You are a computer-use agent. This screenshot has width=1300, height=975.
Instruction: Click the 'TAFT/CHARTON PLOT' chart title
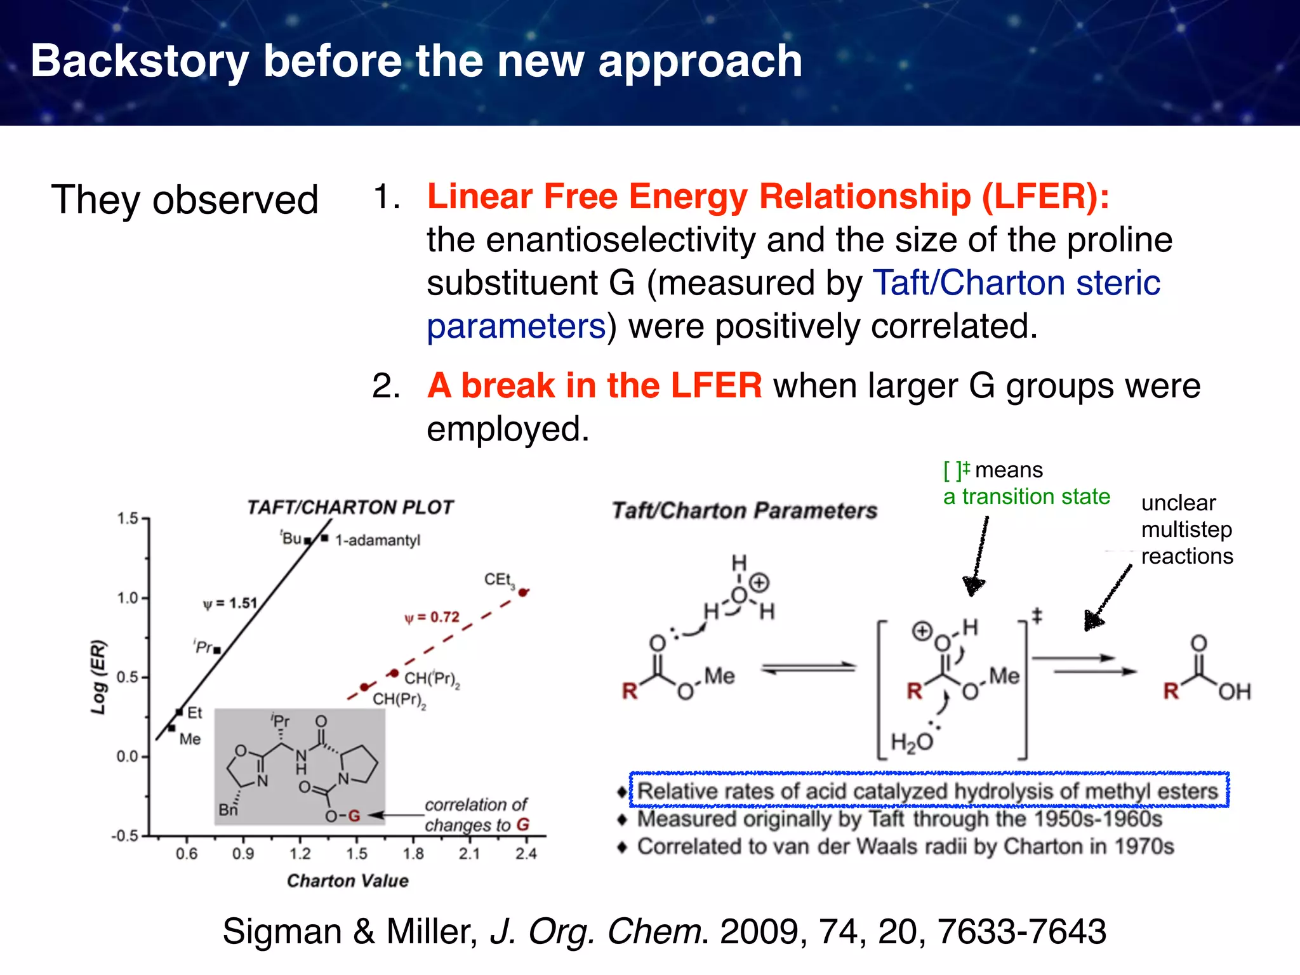tap(350, 507)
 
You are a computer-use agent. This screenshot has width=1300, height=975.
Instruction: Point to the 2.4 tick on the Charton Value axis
tap(526, 854)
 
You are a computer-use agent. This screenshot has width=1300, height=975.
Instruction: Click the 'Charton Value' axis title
tap(347, 880)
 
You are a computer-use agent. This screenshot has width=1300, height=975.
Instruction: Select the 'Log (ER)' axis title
tap(98, 677)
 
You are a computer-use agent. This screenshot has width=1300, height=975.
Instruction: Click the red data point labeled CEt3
tap(523, 592)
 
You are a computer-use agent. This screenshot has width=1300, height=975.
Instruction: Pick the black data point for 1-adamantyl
tap(324, 538)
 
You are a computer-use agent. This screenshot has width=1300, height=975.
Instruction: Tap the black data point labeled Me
tap(171, 728)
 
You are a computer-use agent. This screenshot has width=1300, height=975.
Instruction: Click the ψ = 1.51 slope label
tap(230, 603)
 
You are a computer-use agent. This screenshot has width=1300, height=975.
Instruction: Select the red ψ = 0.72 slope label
tap(432, 617)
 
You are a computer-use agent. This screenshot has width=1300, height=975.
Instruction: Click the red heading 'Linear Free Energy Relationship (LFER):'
tap(768, 196)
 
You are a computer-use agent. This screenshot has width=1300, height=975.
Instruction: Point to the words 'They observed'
tap(184, 200)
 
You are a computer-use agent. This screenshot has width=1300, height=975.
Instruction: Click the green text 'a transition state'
tap(1026, 496)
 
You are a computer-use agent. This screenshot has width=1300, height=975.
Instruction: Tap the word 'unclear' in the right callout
tap(1178, 503)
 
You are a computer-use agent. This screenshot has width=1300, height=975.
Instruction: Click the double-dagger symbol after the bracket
tap(1037, 615)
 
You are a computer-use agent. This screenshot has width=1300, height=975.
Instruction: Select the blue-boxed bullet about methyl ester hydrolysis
tap(929, 791)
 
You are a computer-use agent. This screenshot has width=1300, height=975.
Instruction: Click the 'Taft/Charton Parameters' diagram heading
tap(744, 510)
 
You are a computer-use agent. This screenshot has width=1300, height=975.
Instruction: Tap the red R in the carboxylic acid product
tap(1171, 691)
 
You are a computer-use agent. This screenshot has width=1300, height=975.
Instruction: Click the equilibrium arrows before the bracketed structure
tap(809, 668)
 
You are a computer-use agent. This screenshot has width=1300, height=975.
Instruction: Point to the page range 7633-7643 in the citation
tap(1022, 931)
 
